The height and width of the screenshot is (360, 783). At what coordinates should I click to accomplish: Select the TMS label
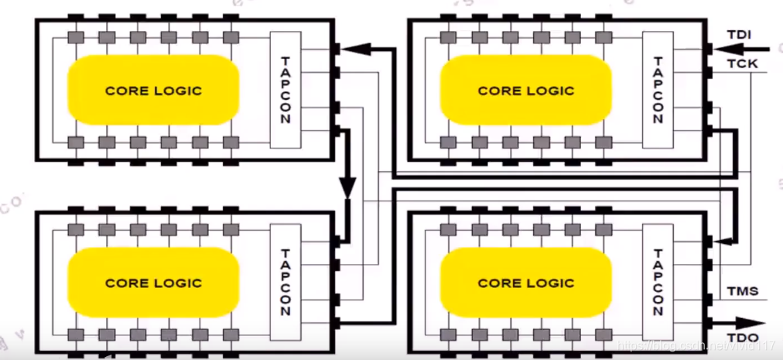tap(742, 292)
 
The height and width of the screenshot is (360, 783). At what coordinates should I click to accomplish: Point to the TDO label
tap(742, 338)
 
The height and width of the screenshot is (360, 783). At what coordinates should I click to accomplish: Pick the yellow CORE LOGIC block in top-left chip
tap(153, 90)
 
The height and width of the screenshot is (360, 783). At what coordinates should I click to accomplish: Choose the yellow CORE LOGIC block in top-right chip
tap(525, 90)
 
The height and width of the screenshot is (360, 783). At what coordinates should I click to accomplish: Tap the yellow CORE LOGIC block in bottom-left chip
tap(153, 283)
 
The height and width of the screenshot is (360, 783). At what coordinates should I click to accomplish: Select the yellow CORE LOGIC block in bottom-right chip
tap(525, 283)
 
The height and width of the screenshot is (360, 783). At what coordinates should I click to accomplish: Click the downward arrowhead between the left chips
tap(347, 187)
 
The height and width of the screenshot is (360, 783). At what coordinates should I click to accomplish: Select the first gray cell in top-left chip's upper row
tap(75, 37)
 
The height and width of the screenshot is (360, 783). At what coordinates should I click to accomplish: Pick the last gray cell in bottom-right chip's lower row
tap(602, 334)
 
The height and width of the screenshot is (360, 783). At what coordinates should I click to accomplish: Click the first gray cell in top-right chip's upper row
tap(446, 37)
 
